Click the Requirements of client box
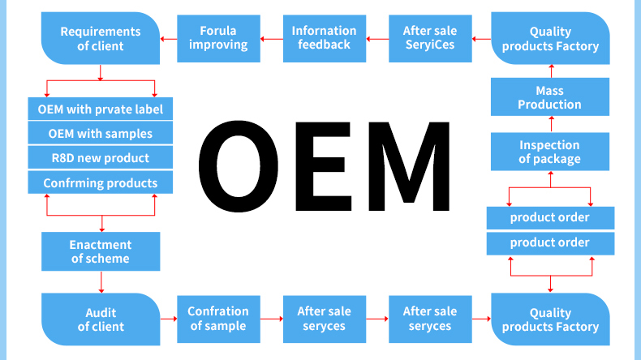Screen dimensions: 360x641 point(101,39)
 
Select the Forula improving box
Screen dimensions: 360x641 point(217,38)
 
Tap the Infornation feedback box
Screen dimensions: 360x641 point(324,38)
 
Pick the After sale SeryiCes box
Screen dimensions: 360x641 point(429,38)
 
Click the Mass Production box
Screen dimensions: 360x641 point(549,97)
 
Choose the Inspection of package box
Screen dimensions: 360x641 point(549,152)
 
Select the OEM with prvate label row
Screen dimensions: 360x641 point(101,109)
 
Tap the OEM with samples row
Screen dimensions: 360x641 point(101,133)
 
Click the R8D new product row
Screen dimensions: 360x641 point(101,157)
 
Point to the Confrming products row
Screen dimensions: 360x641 point(101,182)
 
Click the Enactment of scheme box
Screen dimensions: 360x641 point(101,251)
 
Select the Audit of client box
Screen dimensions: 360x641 point(101,319)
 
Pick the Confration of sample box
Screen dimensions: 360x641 point(217,319)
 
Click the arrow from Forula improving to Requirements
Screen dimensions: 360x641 point(169,38)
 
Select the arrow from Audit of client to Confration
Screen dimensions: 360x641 point(169,319)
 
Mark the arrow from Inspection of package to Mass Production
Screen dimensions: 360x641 point(550,124)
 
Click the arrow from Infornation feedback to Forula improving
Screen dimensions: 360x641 point(272,38)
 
